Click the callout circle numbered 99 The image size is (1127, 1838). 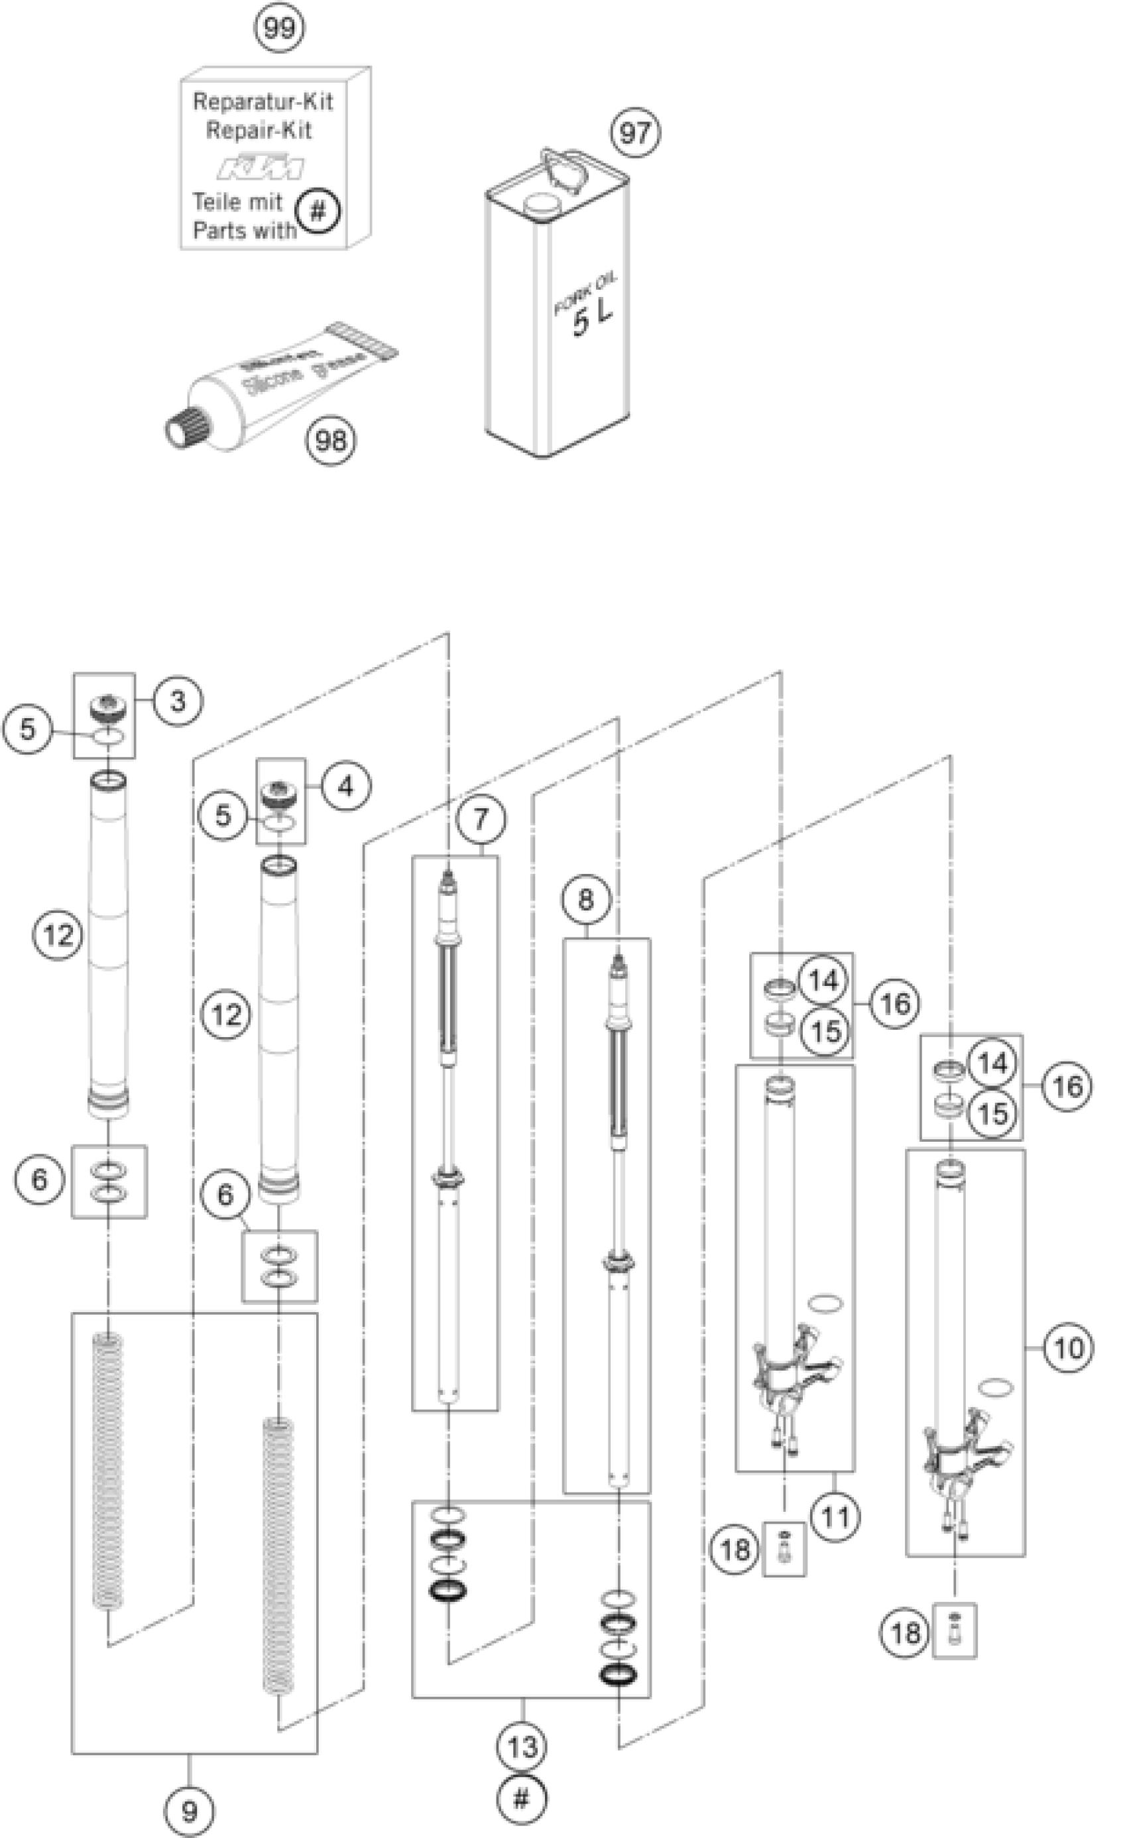pos(280,29)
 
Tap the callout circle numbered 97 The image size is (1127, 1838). pos(636,133)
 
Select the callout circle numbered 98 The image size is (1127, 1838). pos(330,441)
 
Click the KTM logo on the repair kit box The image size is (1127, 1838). pos(261,168)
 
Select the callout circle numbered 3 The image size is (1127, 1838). pos(178,702)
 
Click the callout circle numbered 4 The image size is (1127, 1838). pos(346,786)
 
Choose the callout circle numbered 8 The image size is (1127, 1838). pos(585,900)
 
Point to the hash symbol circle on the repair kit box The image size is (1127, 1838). pos(318,212)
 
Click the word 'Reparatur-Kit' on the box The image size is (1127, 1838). pos(263,101)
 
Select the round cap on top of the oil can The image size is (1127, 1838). pos(542,204)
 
